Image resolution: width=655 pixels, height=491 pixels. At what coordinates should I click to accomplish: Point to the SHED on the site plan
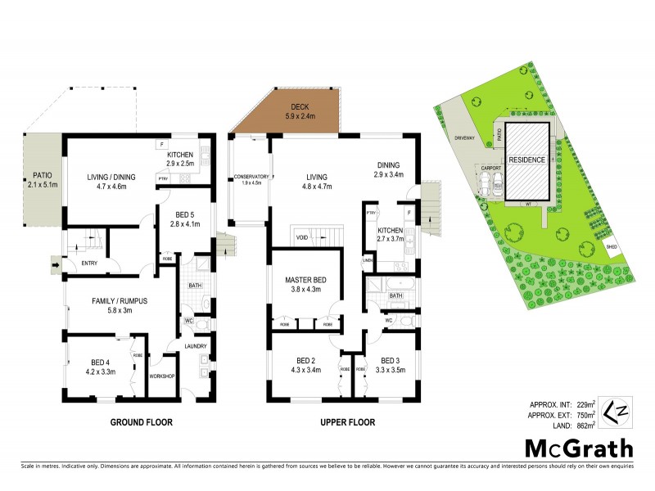pyautogui.click(x=612, y=245)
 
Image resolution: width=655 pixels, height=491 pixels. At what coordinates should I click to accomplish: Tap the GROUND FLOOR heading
pyautogui.click(x=141, y=423)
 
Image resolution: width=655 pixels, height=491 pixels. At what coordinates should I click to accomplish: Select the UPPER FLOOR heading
pyautogui.click(x=346, y=423)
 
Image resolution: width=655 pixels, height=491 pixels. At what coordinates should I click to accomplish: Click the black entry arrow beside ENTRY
pyautogui.click(x=55, y=263)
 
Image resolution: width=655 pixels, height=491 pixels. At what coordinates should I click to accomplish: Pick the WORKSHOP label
pyautogui.click(x=160, y=376)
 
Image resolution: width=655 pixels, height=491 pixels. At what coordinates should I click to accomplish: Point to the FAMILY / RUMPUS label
pyautogui.click(x=114, y=301)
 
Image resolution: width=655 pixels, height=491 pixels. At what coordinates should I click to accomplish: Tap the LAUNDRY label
pyautogui.click(x=196, y=345)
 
